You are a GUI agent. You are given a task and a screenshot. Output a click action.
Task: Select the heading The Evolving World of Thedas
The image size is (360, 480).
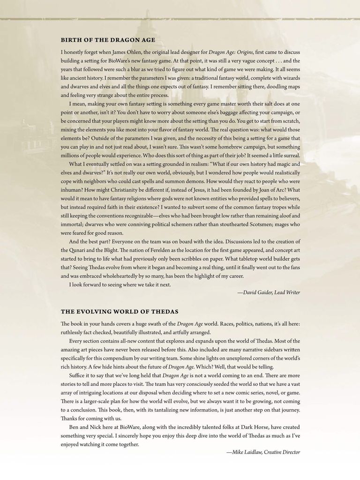(x=120, y=311)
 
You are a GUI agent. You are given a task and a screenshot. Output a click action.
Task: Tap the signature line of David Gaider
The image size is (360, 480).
(x=269, y=292)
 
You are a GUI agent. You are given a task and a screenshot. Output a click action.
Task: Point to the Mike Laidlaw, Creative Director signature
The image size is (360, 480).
(x=263, y=452)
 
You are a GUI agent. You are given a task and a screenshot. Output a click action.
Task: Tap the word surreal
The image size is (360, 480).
(x=289, y=156)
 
